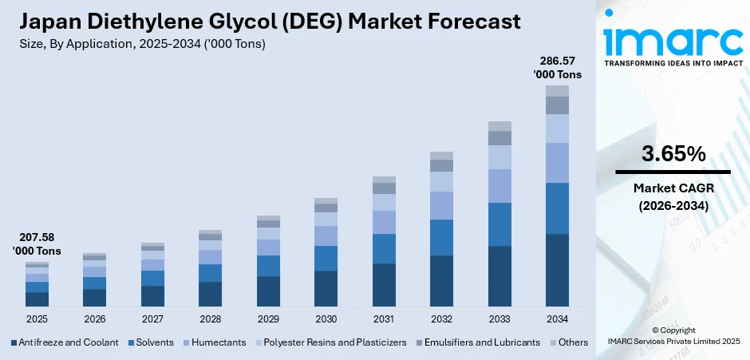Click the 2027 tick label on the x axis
pyautogui.click(x=152, y=318)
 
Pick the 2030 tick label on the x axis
pyautogui.click(x=326, y=318)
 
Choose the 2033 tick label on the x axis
pyautogui.click(x=499, y=318)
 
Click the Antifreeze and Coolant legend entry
pyautogui.click(x=65, y=342)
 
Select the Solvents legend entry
pyautogui.click(x=151, y=342)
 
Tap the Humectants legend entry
pyautogui.click(x=215, y=342)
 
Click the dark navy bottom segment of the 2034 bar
pyautogui.click(x=557, y=270)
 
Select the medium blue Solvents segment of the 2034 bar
pyautogui.click(x=557, y=208)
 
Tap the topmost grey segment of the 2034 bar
pyautogui.click(x=557, y=91)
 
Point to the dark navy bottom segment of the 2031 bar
pyautogui.click(x=384, y=285)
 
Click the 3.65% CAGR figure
pyautogui.click(x=673, y=154)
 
